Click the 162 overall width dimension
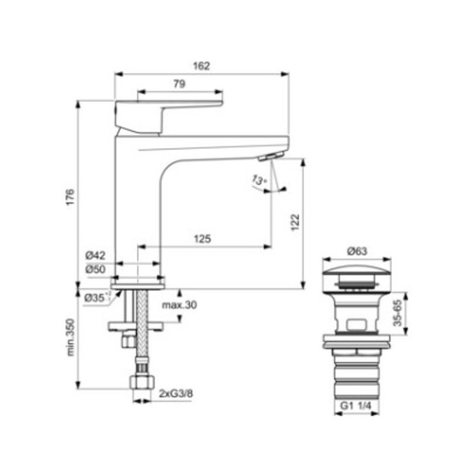coord(202,66)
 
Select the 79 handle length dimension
coord(179,84)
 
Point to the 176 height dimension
coord(70,197)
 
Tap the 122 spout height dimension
coord(295,222)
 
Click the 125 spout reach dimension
coord(203,239)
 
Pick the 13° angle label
coord(259,180)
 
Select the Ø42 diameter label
coord(95,255)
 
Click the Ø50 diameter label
coord(95,269)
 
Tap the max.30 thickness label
coord(179,305)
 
